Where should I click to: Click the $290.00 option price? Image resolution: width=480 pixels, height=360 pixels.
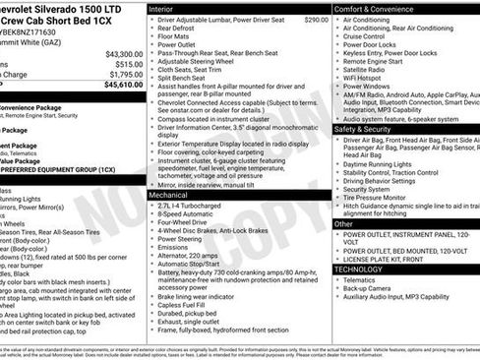click(x=316, y=20)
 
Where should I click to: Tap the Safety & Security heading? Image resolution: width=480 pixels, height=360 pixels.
click(x=369, y=129)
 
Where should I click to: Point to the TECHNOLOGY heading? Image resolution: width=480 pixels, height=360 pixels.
click(x=358, y=269)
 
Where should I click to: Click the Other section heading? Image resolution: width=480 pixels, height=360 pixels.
click(x=344, y=224)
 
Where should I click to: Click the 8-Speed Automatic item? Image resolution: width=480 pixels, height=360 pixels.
click(x=188, y=217)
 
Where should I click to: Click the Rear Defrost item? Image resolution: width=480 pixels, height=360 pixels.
click(x=177, y=29)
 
